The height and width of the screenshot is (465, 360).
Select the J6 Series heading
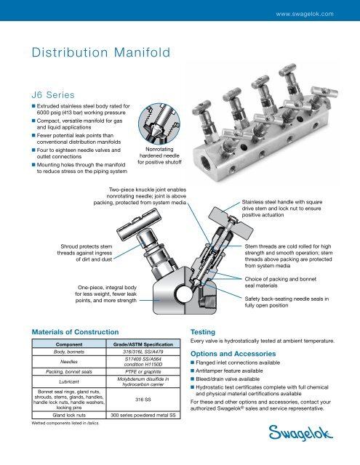click(x=50, y=93)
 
